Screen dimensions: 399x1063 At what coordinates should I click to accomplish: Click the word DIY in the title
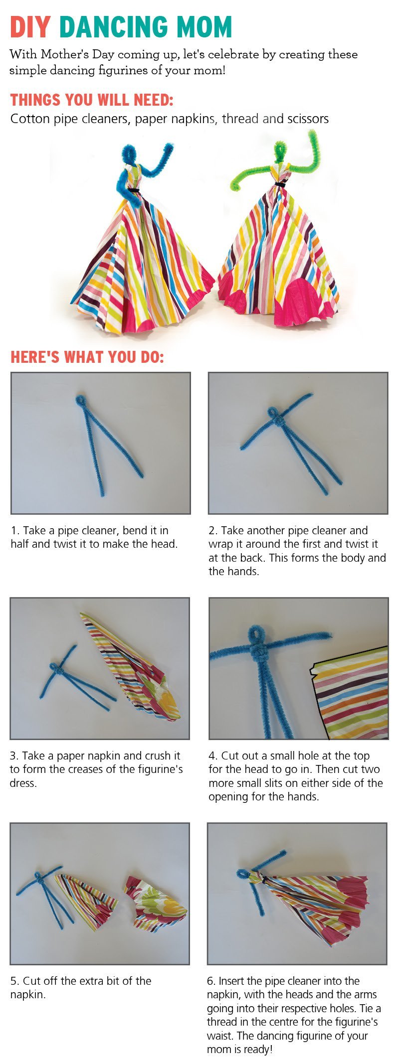[30, 27]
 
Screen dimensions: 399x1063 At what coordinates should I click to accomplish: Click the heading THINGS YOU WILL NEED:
[92, 100]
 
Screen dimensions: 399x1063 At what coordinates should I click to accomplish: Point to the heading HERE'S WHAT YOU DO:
[87, 357]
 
